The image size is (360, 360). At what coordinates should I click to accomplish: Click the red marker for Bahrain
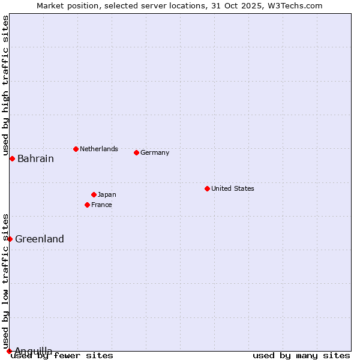tap(12, 158)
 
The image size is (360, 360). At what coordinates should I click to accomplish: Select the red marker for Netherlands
tap(76, 149)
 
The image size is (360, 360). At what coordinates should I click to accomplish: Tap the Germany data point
tap(136, 152)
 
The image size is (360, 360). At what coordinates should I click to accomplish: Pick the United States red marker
tap(207, 188)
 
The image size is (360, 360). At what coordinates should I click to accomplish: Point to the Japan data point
tap(94, 194)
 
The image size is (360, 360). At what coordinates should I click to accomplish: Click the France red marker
tap(87, 205)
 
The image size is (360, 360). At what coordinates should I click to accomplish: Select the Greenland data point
tap(10, 239)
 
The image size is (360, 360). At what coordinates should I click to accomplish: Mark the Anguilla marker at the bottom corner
tap(9, 351)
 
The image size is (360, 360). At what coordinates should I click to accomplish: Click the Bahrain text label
tap(35, 159)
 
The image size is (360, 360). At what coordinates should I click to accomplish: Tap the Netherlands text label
tap(98, 149)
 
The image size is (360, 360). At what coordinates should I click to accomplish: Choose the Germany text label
tap(155, 152)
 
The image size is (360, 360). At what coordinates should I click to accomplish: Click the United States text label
tap(232, 188)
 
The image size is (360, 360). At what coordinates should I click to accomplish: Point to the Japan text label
tap(107, 194)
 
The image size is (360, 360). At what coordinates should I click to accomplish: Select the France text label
tap(101, 205)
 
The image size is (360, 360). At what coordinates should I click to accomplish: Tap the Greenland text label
tap(40, 239)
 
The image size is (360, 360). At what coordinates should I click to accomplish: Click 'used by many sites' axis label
tap(301, 356)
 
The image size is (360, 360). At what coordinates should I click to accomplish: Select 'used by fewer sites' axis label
tap(62, 356)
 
